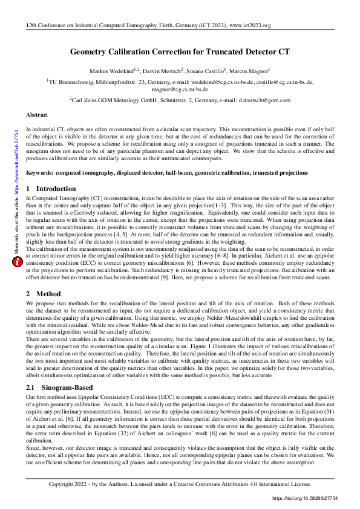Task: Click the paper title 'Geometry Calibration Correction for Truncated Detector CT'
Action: point(180,53)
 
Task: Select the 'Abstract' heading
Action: point(37,114)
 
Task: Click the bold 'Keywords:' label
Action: point(40,173)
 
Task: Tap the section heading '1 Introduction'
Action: point(51,189)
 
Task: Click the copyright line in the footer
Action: point(180,484)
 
